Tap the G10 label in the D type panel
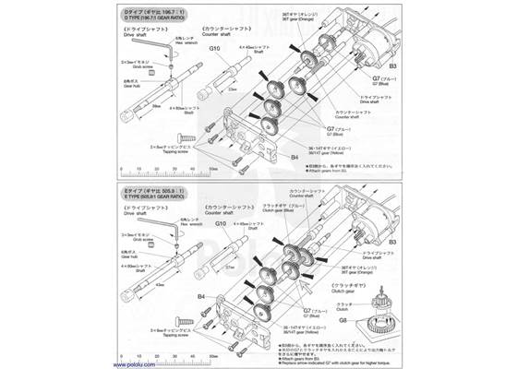tap(214, 48)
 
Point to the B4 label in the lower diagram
tap(201, 296)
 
